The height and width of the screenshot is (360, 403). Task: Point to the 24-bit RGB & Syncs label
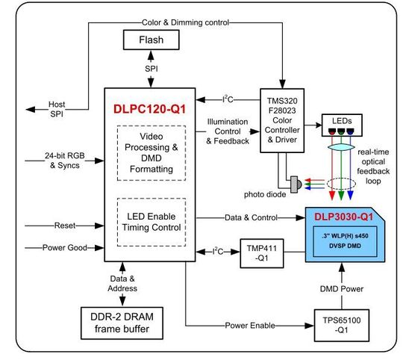(x=45, y=160)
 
